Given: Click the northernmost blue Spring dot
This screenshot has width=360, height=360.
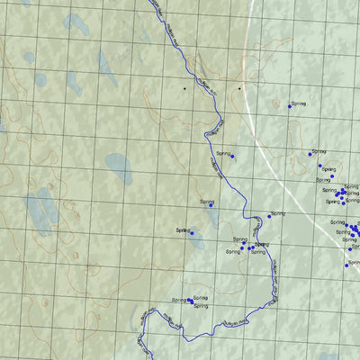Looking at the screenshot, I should (290, 106).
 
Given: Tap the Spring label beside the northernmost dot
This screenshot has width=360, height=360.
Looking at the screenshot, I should (299, 103).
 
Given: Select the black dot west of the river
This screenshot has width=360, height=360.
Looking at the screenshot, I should (184, 89).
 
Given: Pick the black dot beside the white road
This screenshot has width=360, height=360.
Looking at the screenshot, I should (239, 89).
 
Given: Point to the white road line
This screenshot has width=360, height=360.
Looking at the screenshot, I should (261, 135).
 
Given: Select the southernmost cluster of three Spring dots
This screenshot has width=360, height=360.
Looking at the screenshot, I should (192, 301).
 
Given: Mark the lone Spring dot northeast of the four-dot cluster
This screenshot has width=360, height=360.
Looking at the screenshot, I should (268, 216).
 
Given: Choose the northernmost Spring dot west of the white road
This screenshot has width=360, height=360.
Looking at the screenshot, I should (231, 156).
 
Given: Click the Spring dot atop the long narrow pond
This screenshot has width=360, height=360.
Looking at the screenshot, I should (211, 205).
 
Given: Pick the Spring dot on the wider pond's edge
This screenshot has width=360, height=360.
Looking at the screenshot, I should (191, 233).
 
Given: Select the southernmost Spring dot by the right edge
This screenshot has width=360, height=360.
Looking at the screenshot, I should (347, 265).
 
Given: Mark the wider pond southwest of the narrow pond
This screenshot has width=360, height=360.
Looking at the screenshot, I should (197, 240).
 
